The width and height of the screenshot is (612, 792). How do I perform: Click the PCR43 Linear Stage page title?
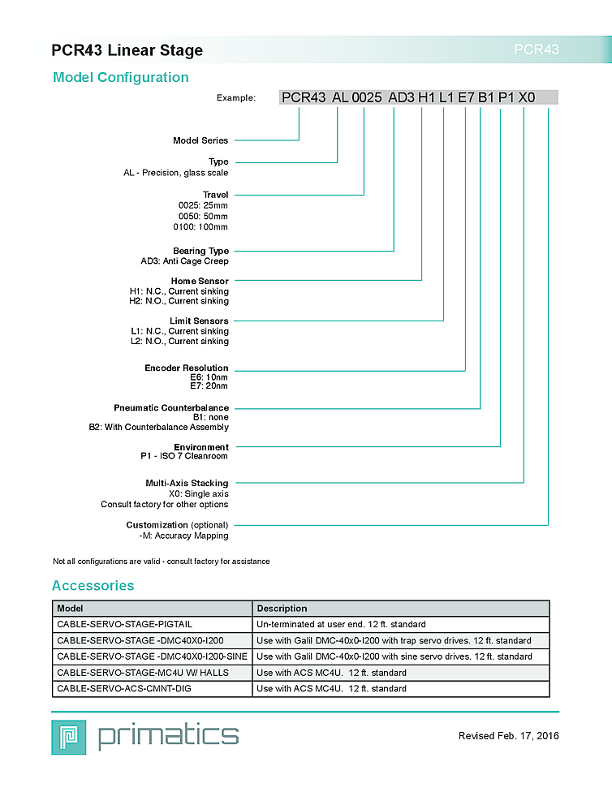(127, 50)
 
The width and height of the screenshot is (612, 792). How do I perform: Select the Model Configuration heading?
(120, 78)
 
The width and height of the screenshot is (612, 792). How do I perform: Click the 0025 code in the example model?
(366, 97)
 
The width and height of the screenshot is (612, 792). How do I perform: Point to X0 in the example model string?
(527, 97)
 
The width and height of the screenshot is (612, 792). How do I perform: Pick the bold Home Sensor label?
(200, 281)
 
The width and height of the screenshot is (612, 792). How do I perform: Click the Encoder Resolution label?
(187, 368)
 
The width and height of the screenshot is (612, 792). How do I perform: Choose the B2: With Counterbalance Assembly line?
(159, 427)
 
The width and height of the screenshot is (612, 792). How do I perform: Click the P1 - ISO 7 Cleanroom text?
(184, 456)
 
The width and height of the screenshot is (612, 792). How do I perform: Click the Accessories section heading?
(93, 586)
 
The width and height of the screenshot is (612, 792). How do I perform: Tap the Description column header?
(282, 608)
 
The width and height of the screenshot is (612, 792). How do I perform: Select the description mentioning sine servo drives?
(394, 656)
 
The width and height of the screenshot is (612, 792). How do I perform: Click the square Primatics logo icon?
(68, 736)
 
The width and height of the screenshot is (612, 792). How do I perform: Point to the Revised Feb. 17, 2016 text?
(508, 736)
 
